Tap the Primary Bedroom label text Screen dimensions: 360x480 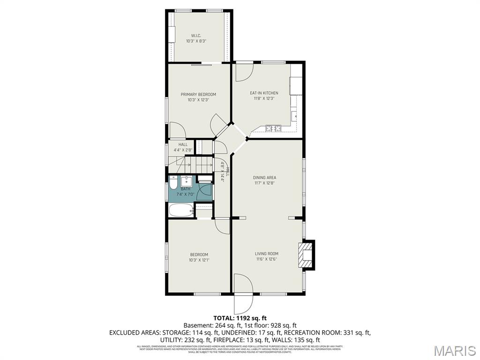[198, 94]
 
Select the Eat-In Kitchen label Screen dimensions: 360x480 [263, 93]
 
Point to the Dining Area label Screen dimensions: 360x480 [264, 178]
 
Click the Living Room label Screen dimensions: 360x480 [267, 254]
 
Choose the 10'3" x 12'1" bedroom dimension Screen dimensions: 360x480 [199, 260]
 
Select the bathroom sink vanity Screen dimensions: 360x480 [187, 181]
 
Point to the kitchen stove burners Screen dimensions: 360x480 [273, 127]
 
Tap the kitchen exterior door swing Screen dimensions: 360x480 [243, 71]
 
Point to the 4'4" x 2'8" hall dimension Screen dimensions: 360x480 [183, 150]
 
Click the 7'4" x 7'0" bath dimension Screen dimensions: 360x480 [185, 194]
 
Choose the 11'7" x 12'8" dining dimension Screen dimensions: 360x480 [264, 183]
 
